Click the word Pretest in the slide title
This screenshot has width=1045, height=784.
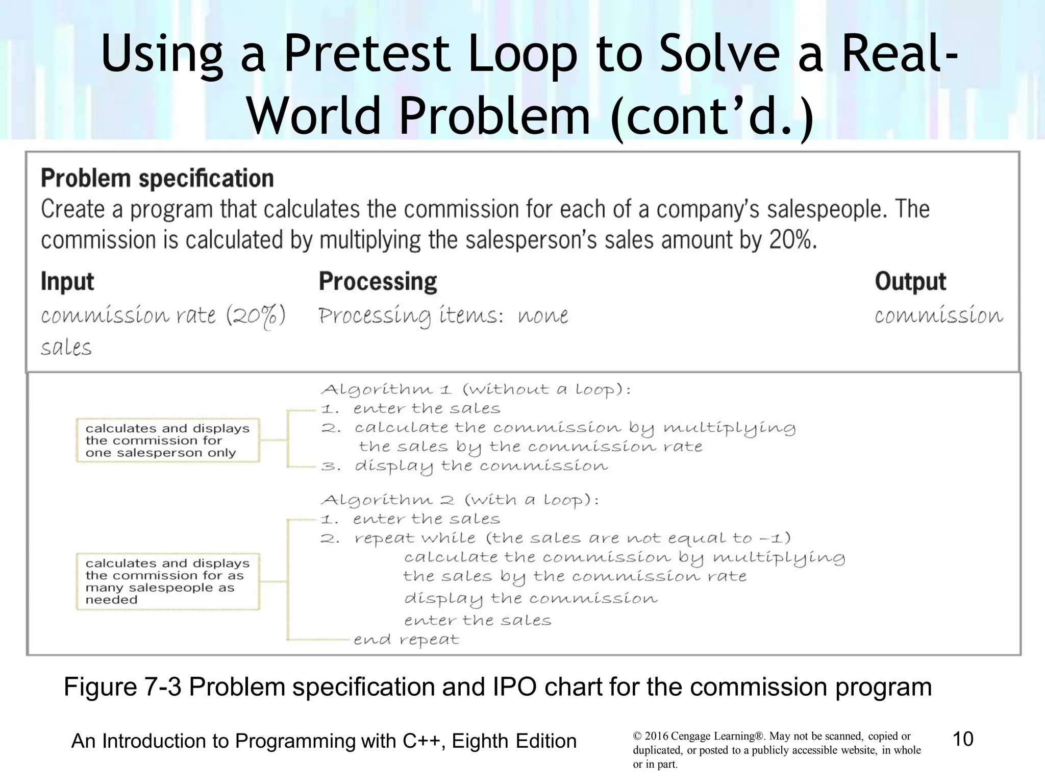tap(366, 54)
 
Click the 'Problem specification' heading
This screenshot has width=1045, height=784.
tap(157, 179)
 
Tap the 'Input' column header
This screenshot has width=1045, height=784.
tap(67, 282)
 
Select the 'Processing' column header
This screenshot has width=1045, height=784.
tap(378, 282)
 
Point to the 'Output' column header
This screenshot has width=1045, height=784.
tap(910, 282)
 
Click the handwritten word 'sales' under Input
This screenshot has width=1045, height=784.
tap(66, 348)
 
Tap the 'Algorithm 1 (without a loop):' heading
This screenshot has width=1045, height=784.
tap(476, 390)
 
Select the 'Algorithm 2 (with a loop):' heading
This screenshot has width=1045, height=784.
tap(459, 500)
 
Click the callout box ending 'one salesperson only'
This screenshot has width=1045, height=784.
tap(167, 440)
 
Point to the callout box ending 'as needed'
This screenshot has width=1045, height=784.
tap(167, 581)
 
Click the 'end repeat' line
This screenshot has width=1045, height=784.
tap(406, 640)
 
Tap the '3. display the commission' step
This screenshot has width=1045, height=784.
tap(464, 466)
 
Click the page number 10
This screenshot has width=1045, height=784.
tap(963, 739)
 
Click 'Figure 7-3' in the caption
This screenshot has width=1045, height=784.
tap(122, 687)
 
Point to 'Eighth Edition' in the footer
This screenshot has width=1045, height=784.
tap(514, 741)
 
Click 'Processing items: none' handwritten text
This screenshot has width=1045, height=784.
tap(443, 316)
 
